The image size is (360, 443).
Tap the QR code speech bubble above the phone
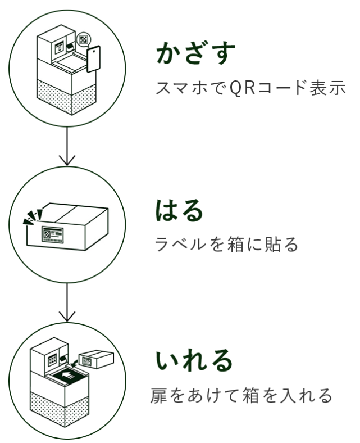coord(84,39)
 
